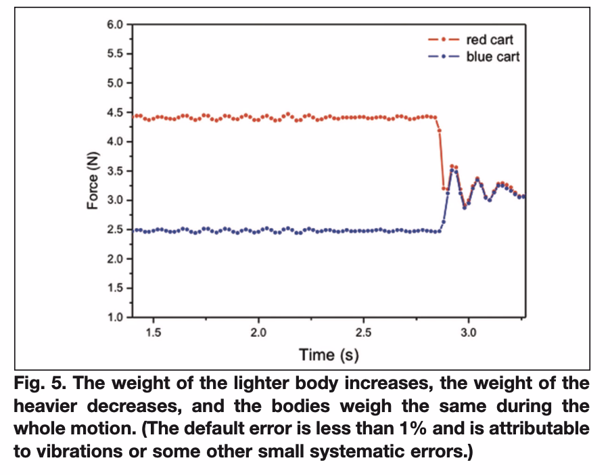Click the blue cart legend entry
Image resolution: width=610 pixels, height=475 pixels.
point(492,56)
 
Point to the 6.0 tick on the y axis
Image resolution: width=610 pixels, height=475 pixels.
point(114,25)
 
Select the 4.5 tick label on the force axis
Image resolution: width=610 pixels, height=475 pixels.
point(114,113)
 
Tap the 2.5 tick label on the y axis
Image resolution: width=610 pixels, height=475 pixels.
point(114,230)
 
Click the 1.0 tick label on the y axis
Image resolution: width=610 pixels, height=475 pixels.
point(114,317)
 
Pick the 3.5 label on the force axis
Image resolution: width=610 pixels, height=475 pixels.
point(114,171)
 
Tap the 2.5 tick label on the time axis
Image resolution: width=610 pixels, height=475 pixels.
point(363,332)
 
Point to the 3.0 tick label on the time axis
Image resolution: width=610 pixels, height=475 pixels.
point(469,332)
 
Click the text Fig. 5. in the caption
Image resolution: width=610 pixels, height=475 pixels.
point(39,384)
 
